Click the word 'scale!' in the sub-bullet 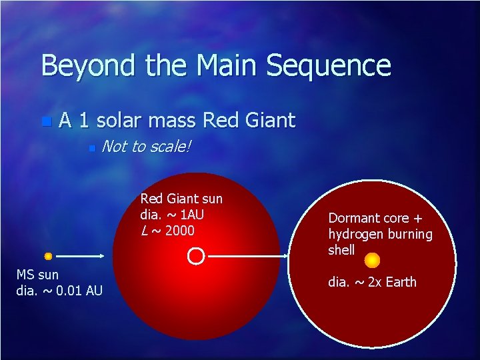(x=169, y=146)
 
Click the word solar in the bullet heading (x=123, y=120)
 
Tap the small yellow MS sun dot (x=48, y=256)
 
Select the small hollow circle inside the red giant (x=195, y=255)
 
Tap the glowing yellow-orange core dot (x=373, y=259)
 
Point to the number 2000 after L (x=181, y=231)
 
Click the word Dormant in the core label (x=354, y=218)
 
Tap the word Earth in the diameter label (x=400, y=282)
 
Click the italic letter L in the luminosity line (x=144, y=231)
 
